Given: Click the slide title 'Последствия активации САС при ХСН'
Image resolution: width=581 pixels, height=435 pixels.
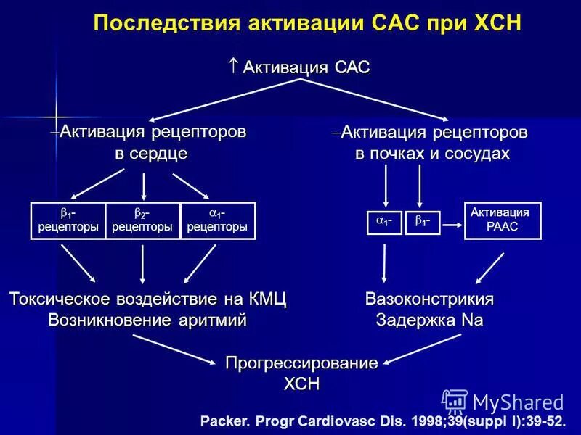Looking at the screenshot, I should [307, 22].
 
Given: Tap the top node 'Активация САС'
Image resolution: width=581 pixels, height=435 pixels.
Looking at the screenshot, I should [300, 67].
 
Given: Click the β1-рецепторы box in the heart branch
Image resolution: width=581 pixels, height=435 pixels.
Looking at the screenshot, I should [68, 220].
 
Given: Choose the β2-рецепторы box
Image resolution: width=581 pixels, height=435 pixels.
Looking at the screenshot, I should [142, 220].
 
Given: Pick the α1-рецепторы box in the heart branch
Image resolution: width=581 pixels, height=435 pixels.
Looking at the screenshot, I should [217, 220].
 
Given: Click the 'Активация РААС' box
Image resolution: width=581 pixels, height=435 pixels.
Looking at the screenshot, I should [503, 220].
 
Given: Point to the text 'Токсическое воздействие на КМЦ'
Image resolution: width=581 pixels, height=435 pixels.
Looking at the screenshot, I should [147, 299].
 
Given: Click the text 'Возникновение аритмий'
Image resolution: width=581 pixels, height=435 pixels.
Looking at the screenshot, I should [147, 320].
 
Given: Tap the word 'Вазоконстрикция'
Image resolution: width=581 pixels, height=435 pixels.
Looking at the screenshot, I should [430, 299].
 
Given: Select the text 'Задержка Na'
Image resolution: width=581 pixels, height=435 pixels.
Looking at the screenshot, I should [430, 320].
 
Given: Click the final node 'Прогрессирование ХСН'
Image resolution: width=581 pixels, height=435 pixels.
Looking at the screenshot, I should [301, 373].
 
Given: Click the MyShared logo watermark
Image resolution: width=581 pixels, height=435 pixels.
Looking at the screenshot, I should [503, 402].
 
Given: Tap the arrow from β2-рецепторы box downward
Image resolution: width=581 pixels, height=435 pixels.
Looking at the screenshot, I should [142, 263].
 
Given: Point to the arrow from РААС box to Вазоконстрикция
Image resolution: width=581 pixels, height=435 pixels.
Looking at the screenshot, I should [490, 268].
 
